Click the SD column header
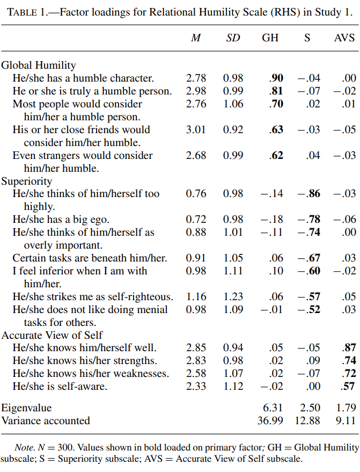click(233, 38)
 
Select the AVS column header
click(344, 38)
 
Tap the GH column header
click(270, 38)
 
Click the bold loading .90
click(276, 78)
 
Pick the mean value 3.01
click(196, 129)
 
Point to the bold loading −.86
click(310, 194)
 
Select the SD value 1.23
click(233, 297)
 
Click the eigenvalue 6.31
click(273, 408)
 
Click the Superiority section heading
click(27, 181)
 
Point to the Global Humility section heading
click(39, 66)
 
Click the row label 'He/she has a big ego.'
click(61, 220)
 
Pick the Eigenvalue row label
click(26, 408)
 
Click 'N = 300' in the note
click(63, 447)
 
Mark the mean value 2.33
click(196, 387)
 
